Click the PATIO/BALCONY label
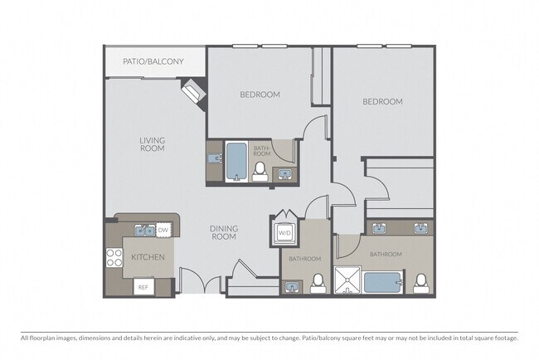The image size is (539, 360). pyautogui.click(x=153, y=61)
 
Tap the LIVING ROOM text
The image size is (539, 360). pyautogui.click(x=153, y=144)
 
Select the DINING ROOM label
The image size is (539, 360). pyautogui.click(x=224, y=232)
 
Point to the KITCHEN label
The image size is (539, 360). pyautogui.click(x=148, y=257)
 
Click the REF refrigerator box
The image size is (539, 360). pyautogui.click(x=143, y=287)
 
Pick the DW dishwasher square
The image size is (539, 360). pyautogui.click(x=163, y=230)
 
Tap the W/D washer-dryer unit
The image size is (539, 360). pyautogui.click(x=284, y=233)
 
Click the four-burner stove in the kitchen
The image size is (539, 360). pyautogui.click(x=114, y=257)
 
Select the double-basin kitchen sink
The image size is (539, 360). pyautogui.click(x=145, y=230)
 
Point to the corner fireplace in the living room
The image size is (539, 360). pyautogui.click(x=193, y=90)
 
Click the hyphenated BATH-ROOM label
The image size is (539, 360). pyautogui.click(x=262, y=151)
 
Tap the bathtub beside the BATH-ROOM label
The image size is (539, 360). pyautogui.click(x=236, y=162)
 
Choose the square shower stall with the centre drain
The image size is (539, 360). pyautogui.click(x=347, y=280)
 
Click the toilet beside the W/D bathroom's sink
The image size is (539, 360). pyautogui.click(x=318, y=284)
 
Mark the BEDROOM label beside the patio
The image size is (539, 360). pyautogui.click(x=260, y=95)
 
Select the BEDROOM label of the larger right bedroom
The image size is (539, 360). pyautogui.click(x=382, y=102)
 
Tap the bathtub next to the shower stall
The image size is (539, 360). pyautogui.click(x=383, y=283)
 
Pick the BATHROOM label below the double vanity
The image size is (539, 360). pyautogui.click(x=386, y=255)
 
